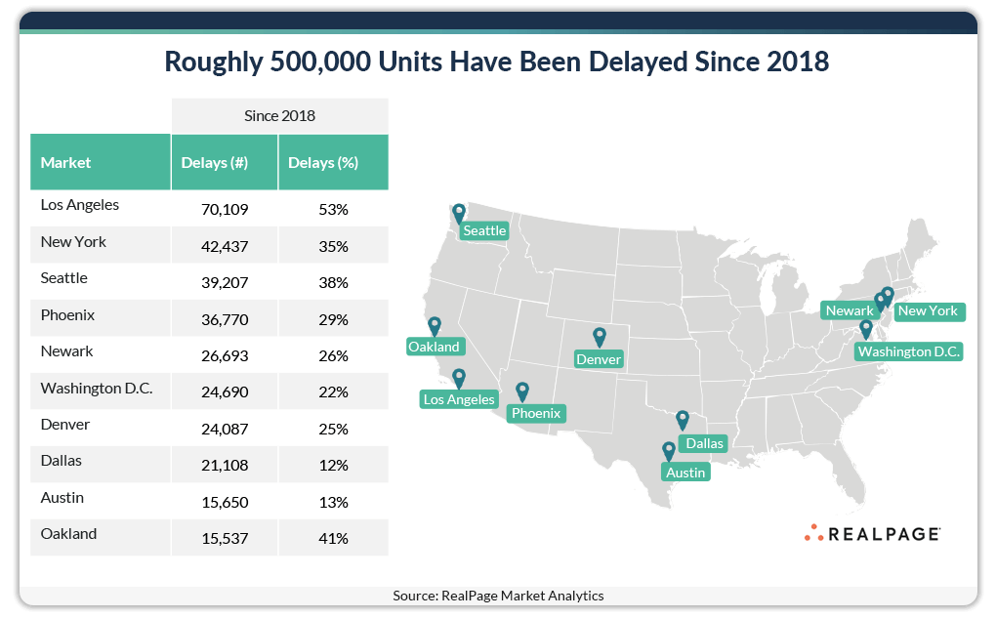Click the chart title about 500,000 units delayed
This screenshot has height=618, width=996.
point(497,62)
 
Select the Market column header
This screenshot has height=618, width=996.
point(65,162)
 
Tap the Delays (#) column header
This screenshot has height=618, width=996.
point(215,162)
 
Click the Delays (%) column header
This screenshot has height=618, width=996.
point(322,162)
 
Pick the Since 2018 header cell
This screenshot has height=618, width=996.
point(279,115)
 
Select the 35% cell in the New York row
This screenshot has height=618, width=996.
point(333,246)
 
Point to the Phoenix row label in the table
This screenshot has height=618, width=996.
point(67,314)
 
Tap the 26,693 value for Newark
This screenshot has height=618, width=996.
point(225,355)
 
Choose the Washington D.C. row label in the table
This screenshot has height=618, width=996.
point(97,388)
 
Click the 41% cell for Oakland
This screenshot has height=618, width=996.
point(333,537)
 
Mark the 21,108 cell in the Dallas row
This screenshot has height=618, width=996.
point(225,465)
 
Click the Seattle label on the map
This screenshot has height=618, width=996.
point(484,230)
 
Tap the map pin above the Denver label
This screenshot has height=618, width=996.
point(599,338)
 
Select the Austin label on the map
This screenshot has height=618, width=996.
point(685,472)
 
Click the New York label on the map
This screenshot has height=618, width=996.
point(928,311)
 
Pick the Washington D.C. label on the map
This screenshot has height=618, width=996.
point(909,351)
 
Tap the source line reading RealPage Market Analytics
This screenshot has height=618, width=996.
point(498,595)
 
